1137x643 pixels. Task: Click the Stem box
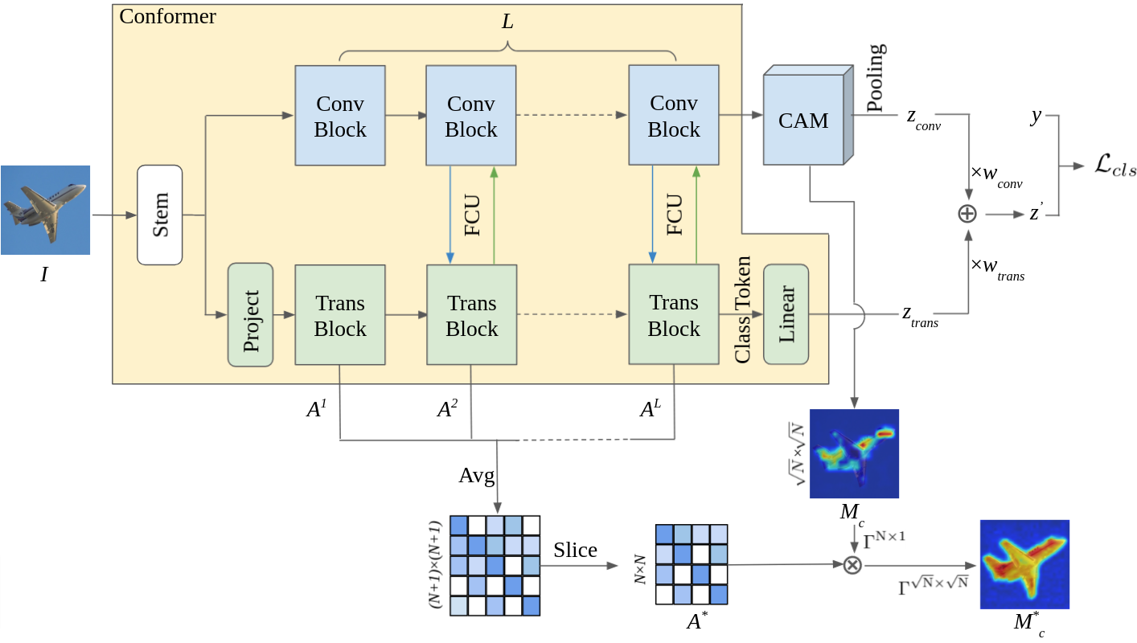[x=160, y=215]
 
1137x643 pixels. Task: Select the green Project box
[x=251, y=314]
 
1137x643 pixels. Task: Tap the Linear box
[x=786, y=313]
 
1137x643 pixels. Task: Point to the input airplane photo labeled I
[x=45, y=210]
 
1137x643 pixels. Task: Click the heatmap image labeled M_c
[x=854, y=453]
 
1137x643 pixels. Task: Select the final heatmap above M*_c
[x=1024, y=563]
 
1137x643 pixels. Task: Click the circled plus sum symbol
[x=967, y=214]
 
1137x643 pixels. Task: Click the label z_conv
[x=923, y=119]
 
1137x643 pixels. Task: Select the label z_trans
[x=920, y=316]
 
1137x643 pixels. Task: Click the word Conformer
[x=167, y=16]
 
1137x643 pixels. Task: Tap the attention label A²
[x=448, y=409]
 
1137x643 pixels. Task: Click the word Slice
[x=575, y=550]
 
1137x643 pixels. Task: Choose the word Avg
[x=476, y=475]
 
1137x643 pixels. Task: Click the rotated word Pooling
[x=876, y=78]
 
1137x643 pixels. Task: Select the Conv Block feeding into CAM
[x=673, y=117]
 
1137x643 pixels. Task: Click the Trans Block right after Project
[x=340, y=315]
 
